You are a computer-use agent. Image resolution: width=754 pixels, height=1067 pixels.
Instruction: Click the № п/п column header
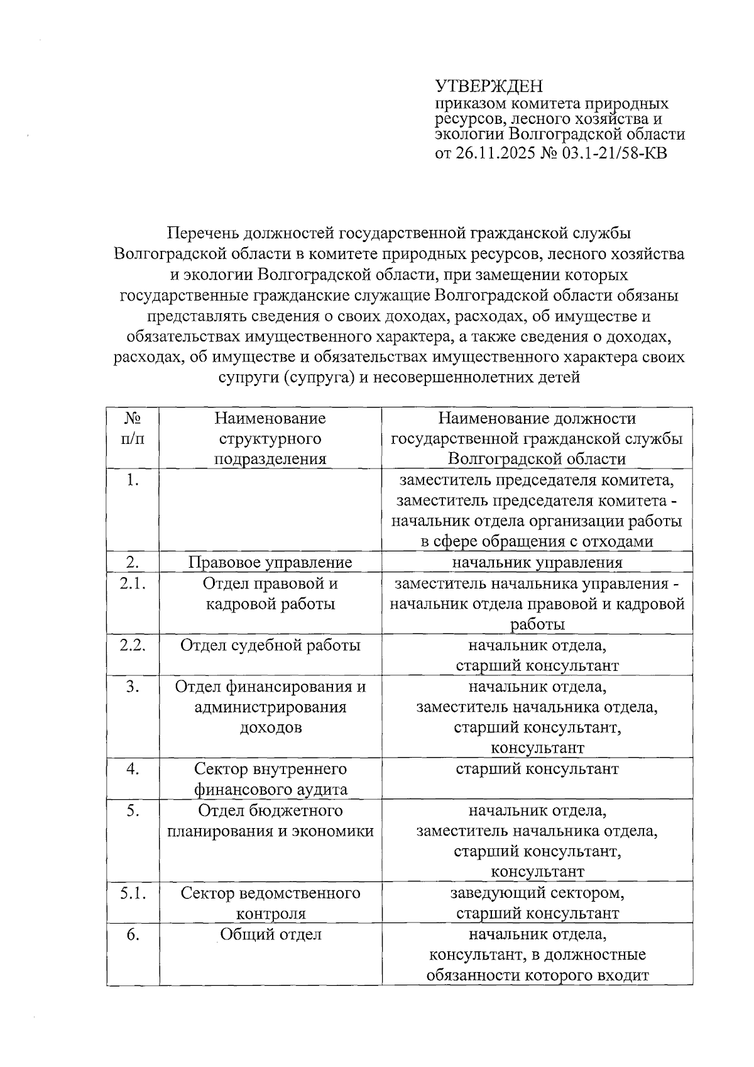(x=132, y=428)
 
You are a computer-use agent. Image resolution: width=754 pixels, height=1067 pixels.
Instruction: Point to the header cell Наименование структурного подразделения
(x=270, y=438)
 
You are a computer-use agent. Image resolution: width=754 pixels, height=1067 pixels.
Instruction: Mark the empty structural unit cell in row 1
(x=270, y=511)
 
